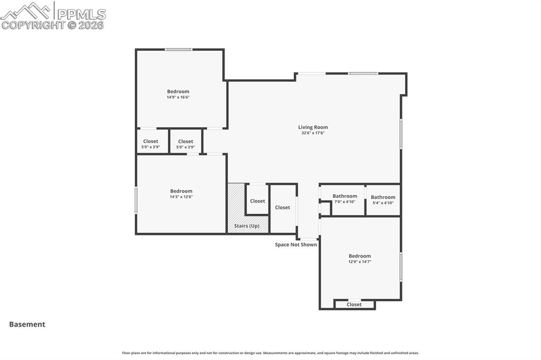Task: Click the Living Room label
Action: tap(313, 127)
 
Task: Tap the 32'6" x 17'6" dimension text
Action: tap(313, 133)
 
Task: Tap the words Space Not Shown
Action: tap(296, 244)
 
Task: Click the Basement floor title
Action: tap(27, 325)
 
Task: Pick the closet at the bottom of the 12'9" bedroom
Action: tap(354, 305)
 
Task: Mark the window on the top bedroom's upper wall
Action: tap(178, 50)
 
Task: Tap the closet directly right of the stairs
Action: tap(257, 201)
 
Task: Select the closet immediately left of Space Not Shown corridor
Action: tap(283, 207)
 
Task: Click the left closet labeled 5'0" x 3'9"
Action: tap(151, 141)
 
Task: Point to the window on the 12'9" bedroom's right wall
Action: tap(400, 267)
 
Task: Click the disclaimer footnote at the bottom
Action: tap(270, 353)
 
